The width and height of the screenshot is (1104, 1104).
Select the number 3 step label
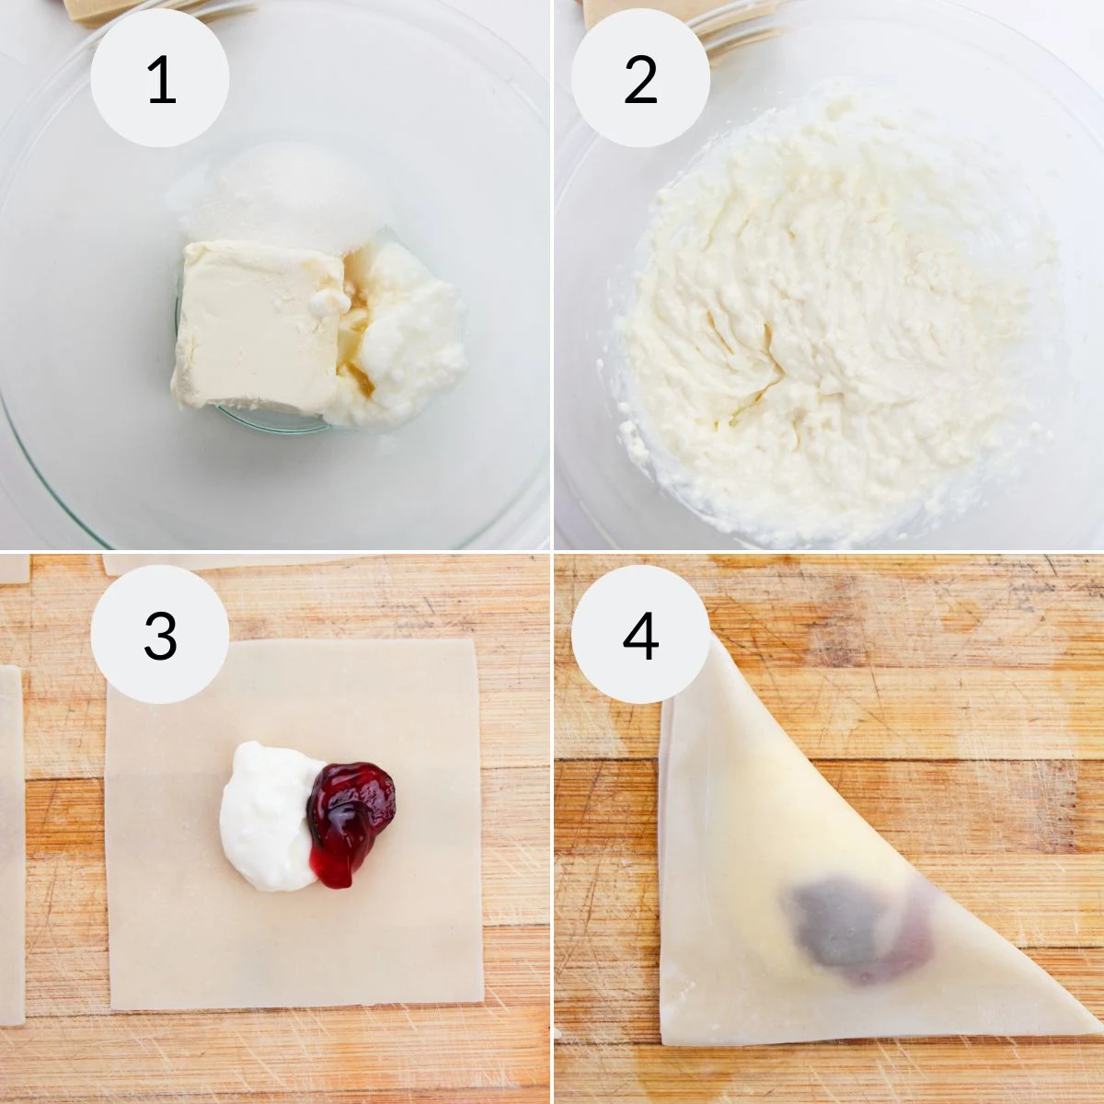pyautogui.click(x=160, y=635)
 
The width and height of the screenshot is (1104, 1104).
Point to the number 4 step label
pyautogui.click(x=640, y=635)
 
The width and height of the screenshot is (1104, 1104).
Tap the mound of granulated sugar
pyautogui.click(x=281, y=198)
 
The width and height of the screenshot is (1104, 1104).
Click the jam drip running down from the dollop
pyautogui.click(x=328, y=860)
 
